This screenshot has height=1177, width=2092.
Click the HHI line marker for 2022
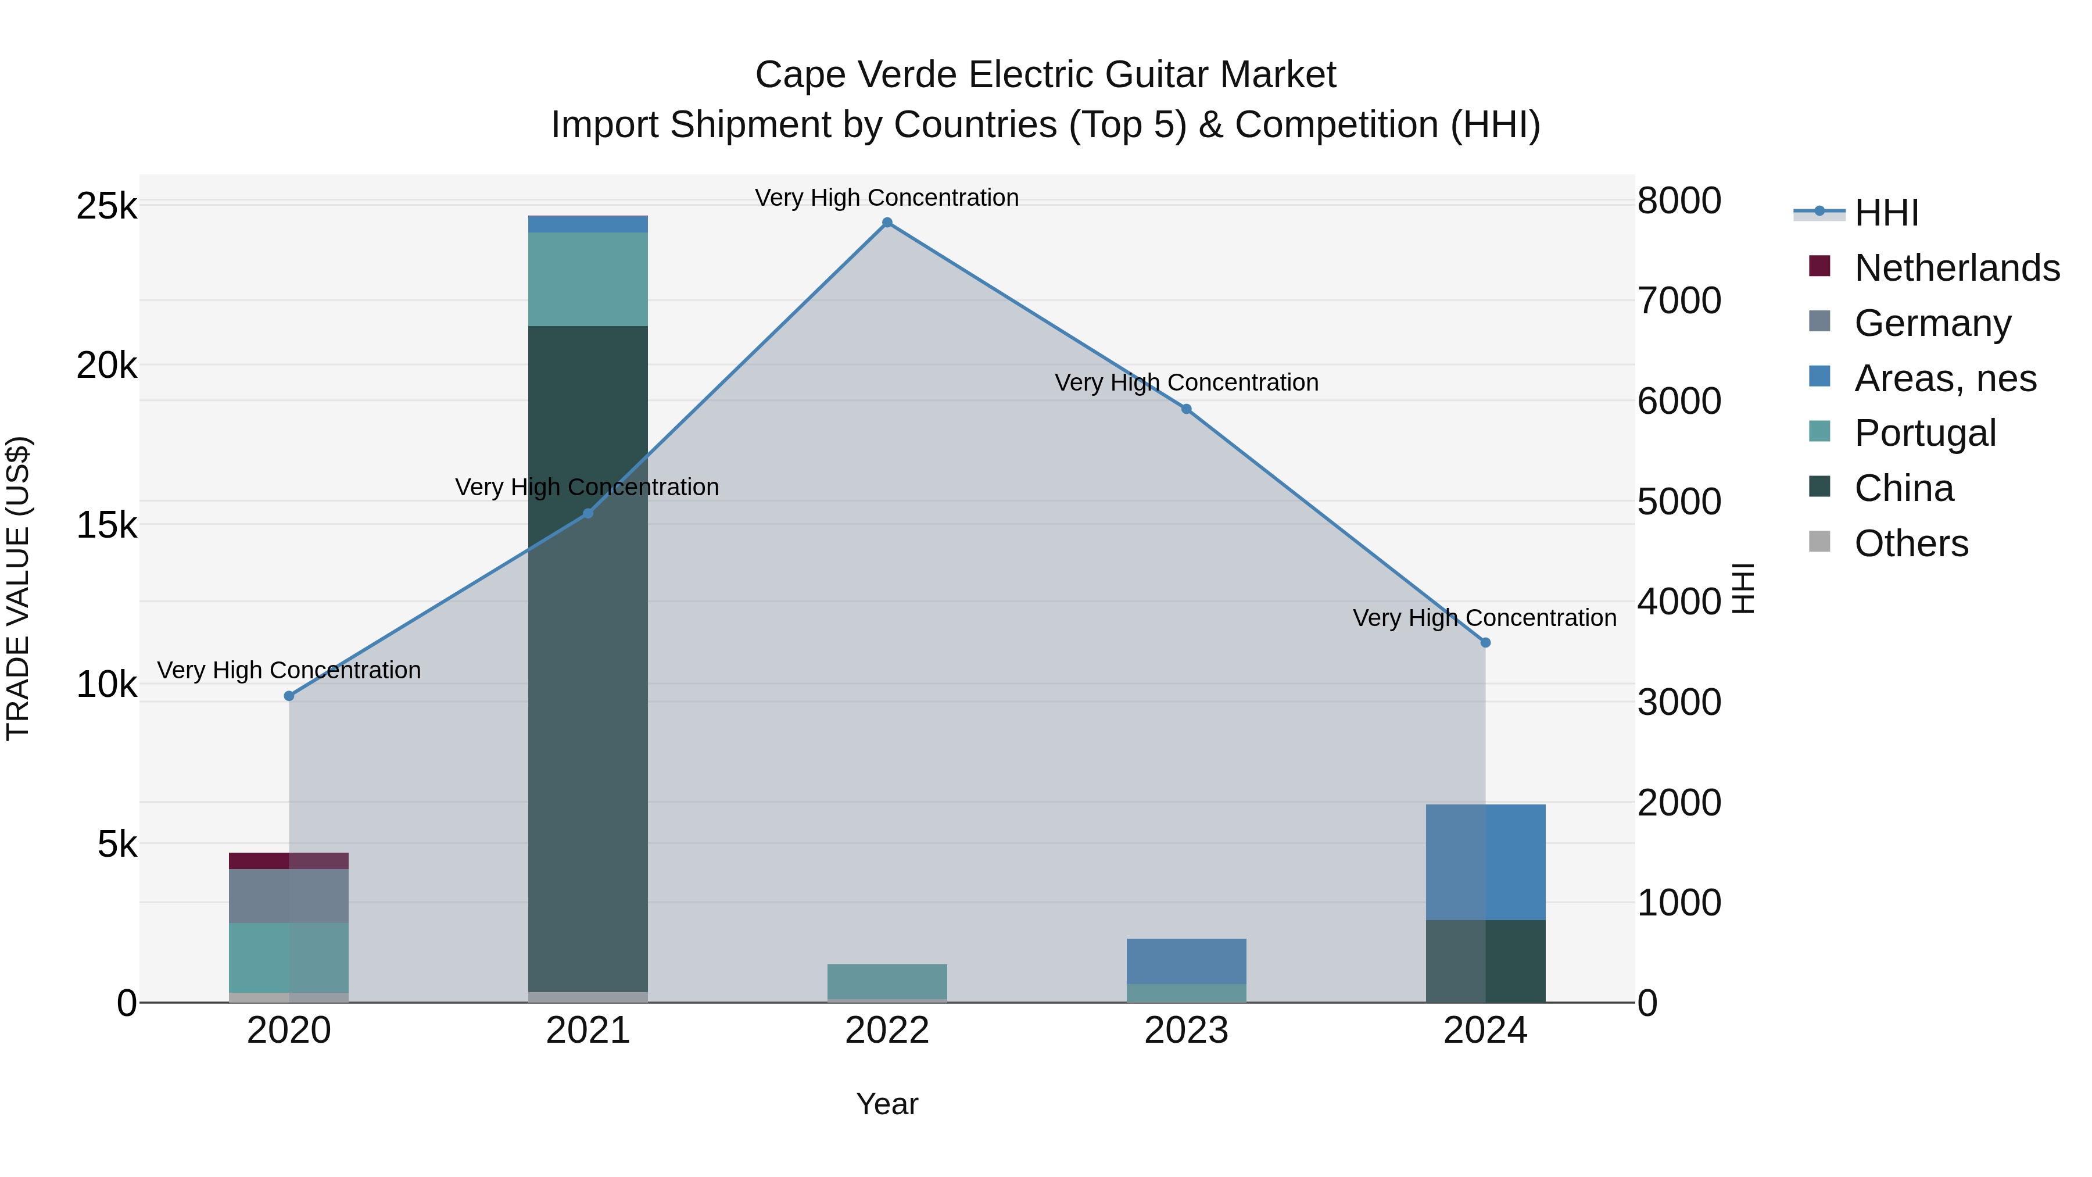(887, 223)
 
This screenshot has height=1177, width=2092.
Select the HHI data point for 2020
(289, 696)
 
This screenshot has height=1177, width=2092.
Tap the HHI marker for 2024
(1485, 642)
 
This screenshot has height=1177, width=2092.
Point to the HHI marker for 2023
(1187, 409)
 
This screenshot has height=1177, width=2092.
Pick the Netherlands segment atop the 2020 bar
(289, 861)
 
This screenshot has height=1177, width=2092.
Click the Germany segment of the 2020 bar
(289, 896)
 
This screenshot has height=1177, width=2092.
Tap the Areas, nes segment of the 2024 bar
(1485, 862)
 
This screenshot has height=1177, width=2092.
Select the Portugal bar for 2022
(887, 981)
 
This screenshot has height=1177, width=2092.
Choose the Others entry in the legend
(1911, 543)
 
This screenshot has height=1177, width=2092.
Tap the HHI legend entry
(1886, 213)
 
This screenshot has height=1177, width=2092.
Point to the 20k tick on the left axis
(106, 366)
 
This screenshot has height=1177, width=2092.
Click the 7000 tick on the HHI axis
(1678, 300)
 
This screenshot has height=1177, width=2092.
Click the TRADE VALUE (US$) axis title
(19, 588)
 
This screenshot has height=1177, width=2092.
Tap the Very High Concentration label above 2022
(887, 198)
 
